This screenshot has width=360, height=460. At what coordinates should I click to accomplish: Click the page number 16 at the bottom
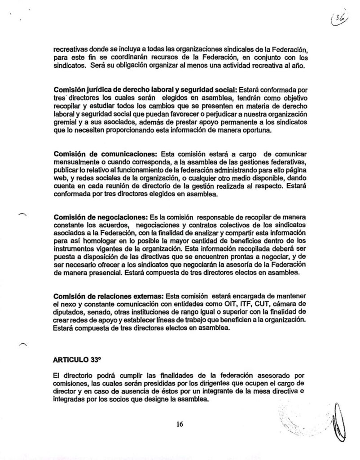[x=180, y=424]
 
